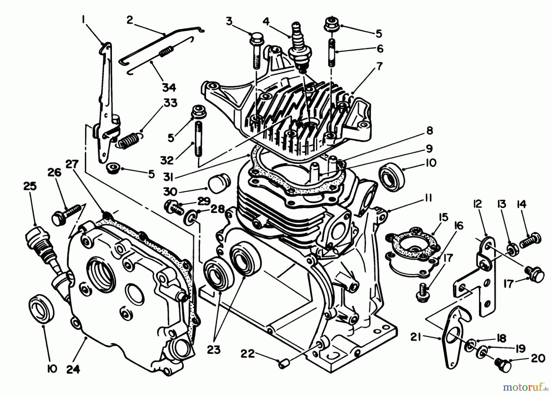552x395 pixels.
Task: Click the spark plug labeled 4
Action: pyautogui.click(x=297, y=49)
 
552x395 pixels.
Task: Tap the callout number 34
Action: pyautogui.click(x=169, y=87)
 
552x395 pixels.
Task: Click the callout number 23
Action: pyautogui.click(x=213, y=349)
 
